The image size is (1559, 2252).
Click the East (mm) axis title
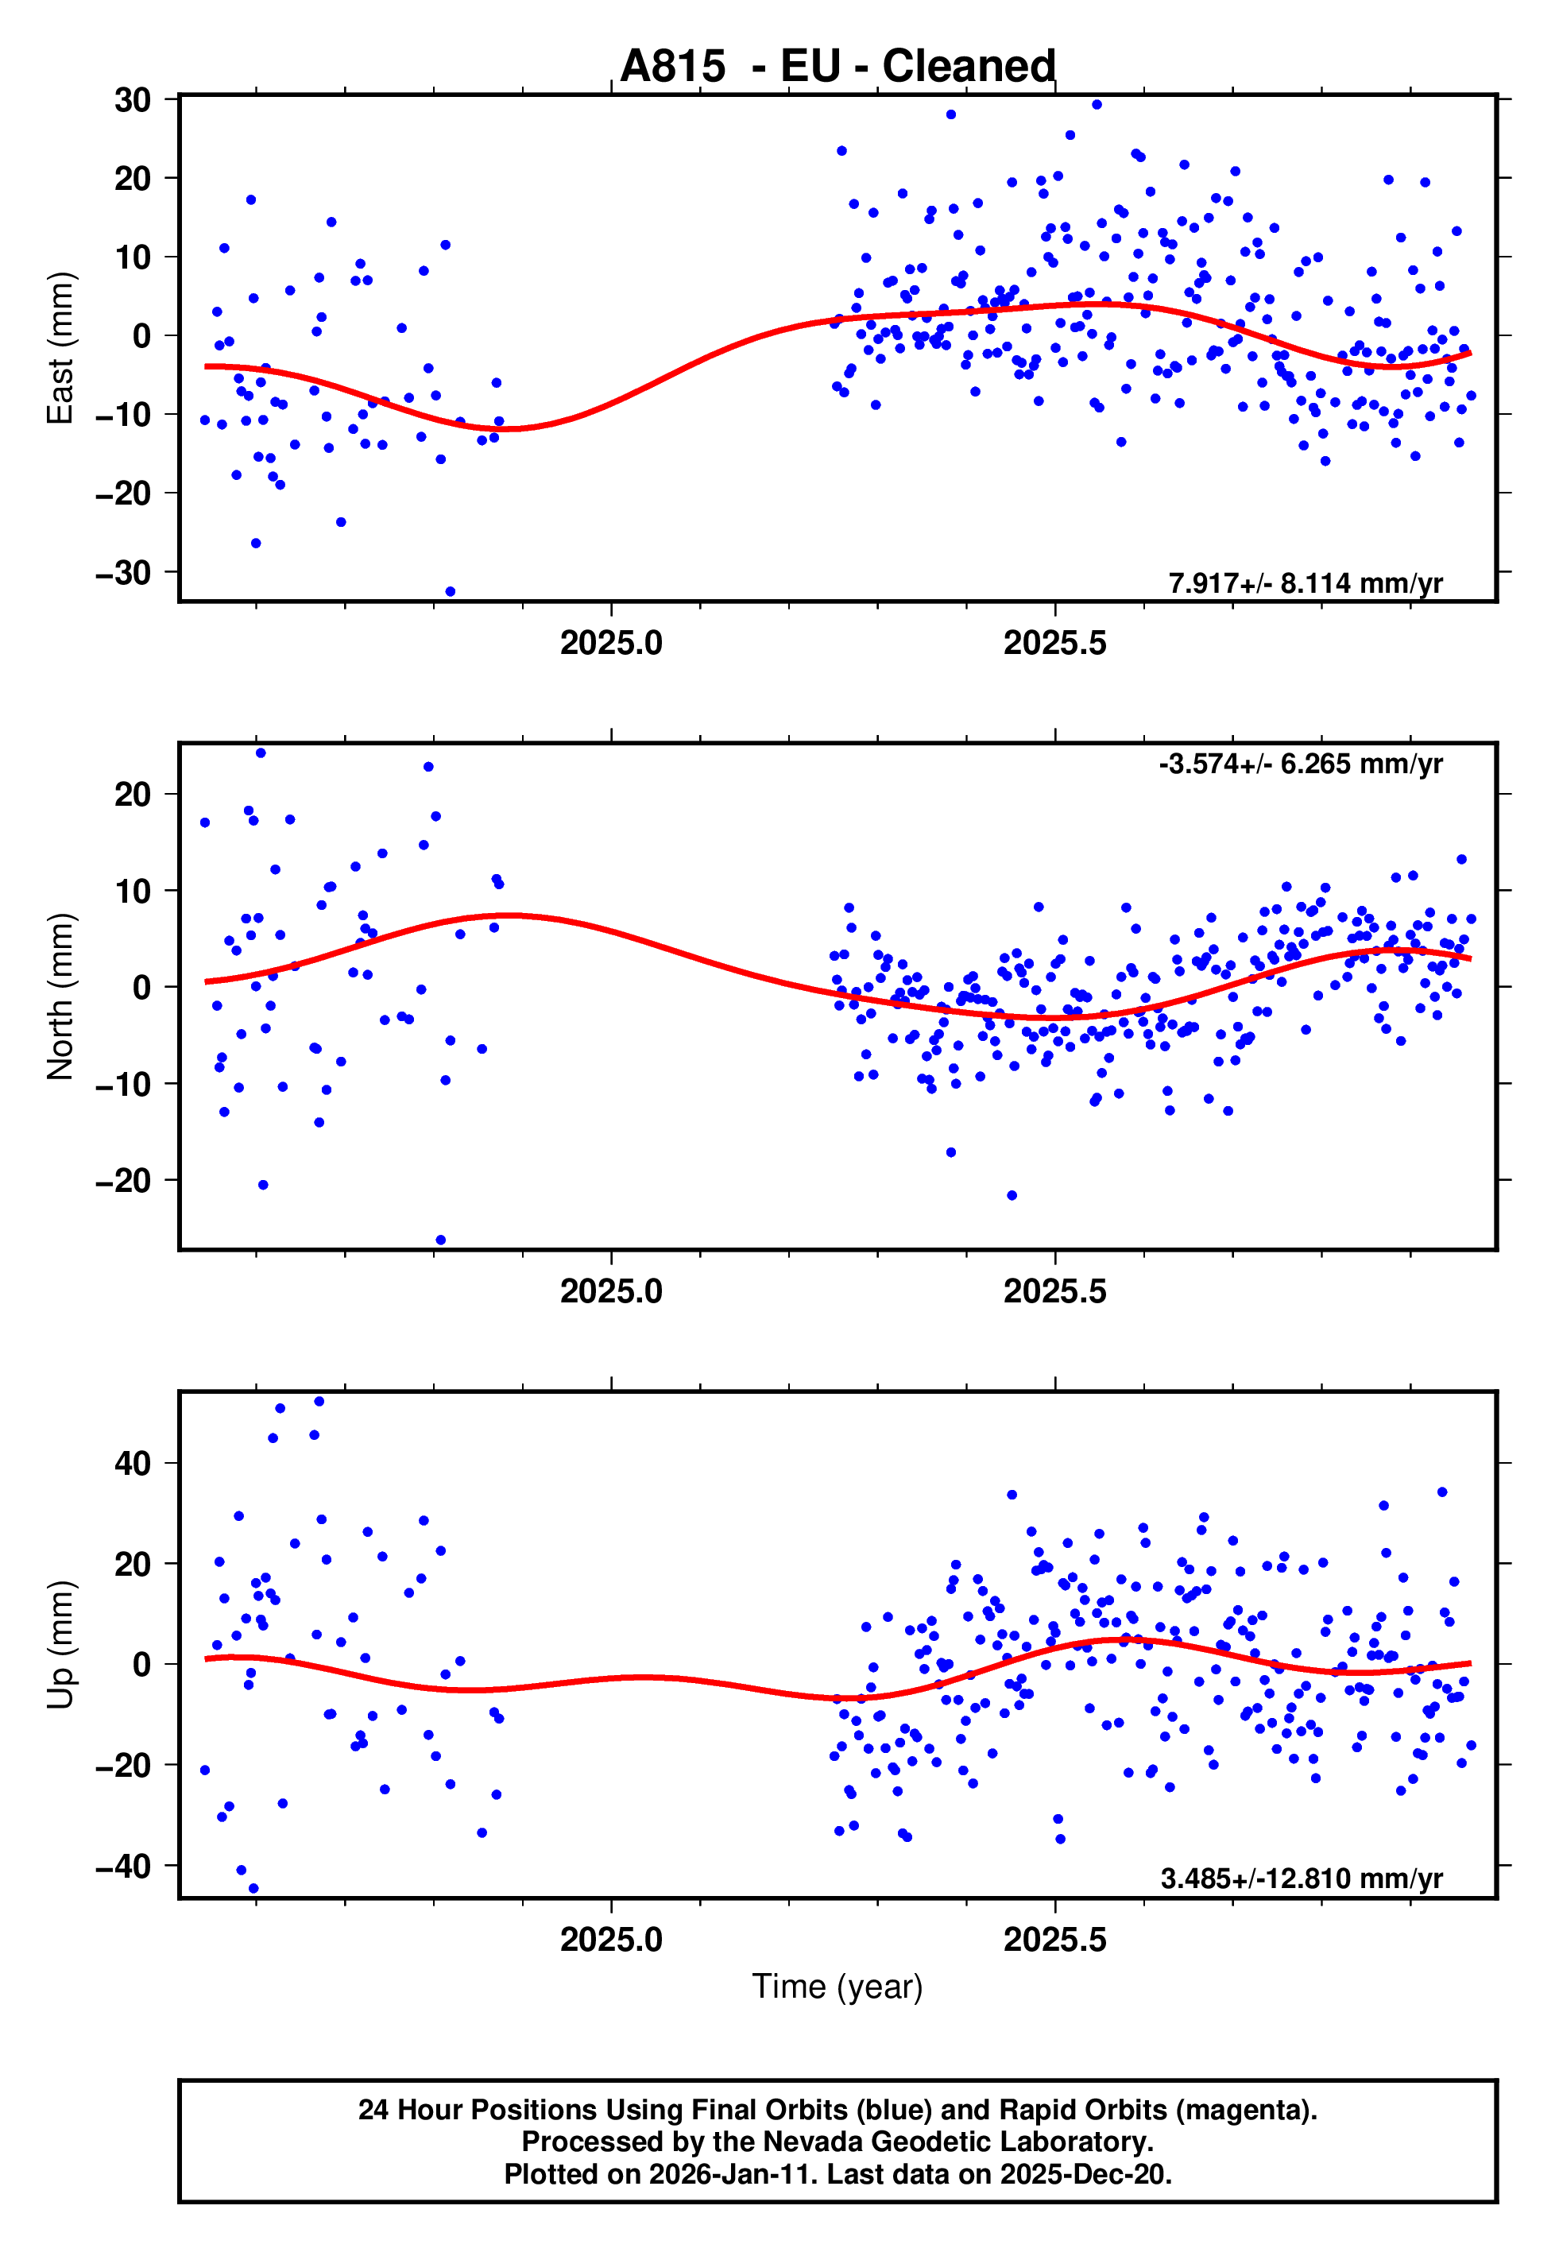(60, 349)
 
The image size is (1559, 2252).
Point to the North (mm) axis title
(60, 996)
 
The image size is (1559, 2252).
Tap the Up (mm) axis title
(60, 1645)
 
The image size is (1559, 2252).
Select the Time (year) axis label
(838, 1987)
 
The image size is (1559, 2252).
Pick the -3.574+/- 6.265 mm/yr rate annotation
(1300, 764)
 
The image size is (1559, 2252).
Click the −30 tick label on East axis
(123, 572)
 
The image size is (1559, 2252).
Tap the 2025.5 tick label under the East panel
(1055, 643)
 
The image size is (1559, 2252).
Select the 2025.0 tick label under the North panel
(612, 1291)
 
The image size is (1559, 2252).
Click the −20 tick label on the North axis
(123, 1181)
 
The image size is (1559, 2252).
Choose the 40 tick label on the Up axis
(133, 1463)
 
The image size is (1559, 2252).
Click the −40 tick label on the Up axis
(123, 1867)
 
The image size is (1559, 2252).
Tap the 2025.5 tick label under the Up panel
(1055, 1940)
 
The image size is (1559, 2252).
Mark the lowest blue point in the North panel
(440, 1240)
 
